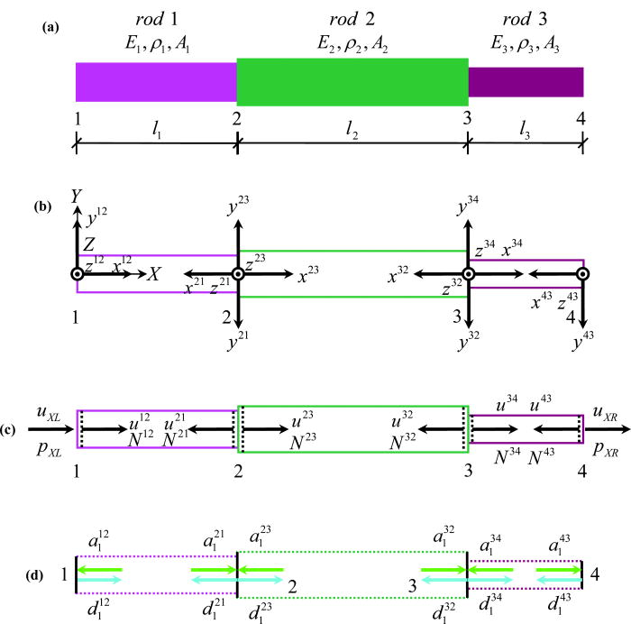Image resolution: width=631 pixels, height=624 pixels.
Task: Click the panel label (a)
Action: (x=50, y=28)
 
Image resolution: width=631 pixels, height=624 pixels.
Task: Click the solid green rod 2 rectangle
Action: (x=352, y=82)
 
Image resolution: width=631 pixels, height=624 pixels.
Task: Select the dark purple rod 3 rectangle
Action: (x=526, y=82)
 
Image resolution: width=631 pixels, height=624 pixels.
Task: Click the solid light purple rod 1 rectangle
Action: (x=156, y=82)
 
